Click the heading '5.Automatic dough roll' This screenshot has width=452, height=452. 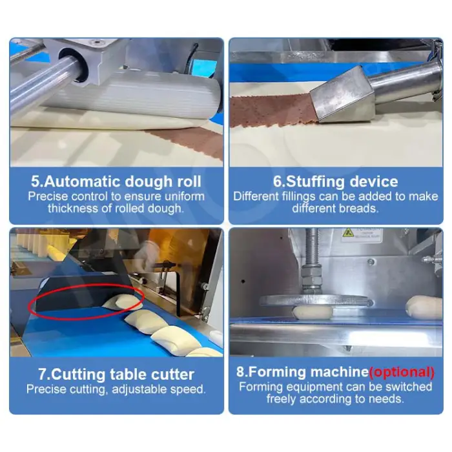pos(116,181)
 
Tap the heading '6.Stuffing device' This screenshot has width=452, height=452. pos(336,181)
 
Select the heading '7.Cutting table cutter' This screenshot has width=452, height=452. pos(116,374)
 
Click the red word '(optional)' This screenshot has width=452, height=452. pos(402,372)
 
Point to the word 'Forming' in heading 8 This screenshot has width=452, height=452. pos(276,372)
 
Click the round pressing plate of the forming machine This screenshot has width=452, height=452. pos(315,300)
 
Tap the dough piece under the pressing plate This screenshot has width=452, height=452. pos(313,313)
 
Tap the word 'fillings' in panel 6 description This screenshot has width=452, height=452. pos(292,196)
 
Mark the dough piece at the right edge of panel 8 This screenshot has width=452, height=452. pos(424,307)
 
